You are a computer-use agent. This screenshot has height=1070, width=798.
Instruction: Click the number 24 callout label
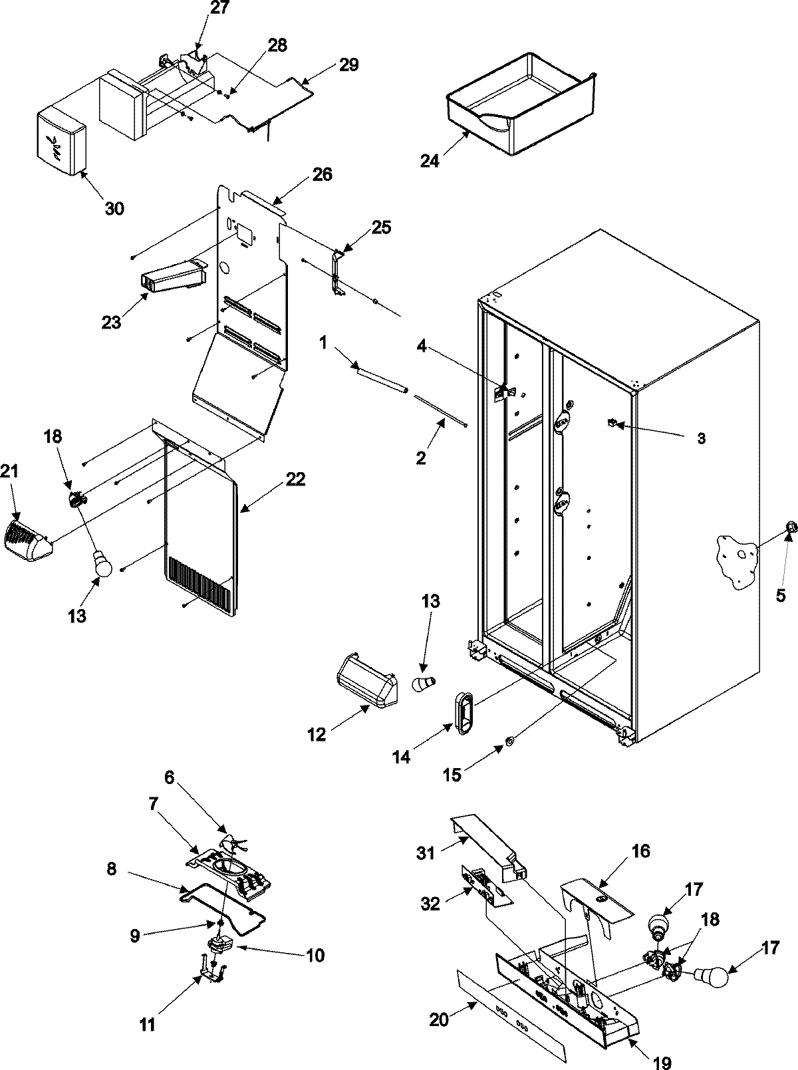[430, 161]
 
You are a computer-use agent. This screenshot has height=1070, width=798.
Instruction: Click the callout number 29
[348, 65]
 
